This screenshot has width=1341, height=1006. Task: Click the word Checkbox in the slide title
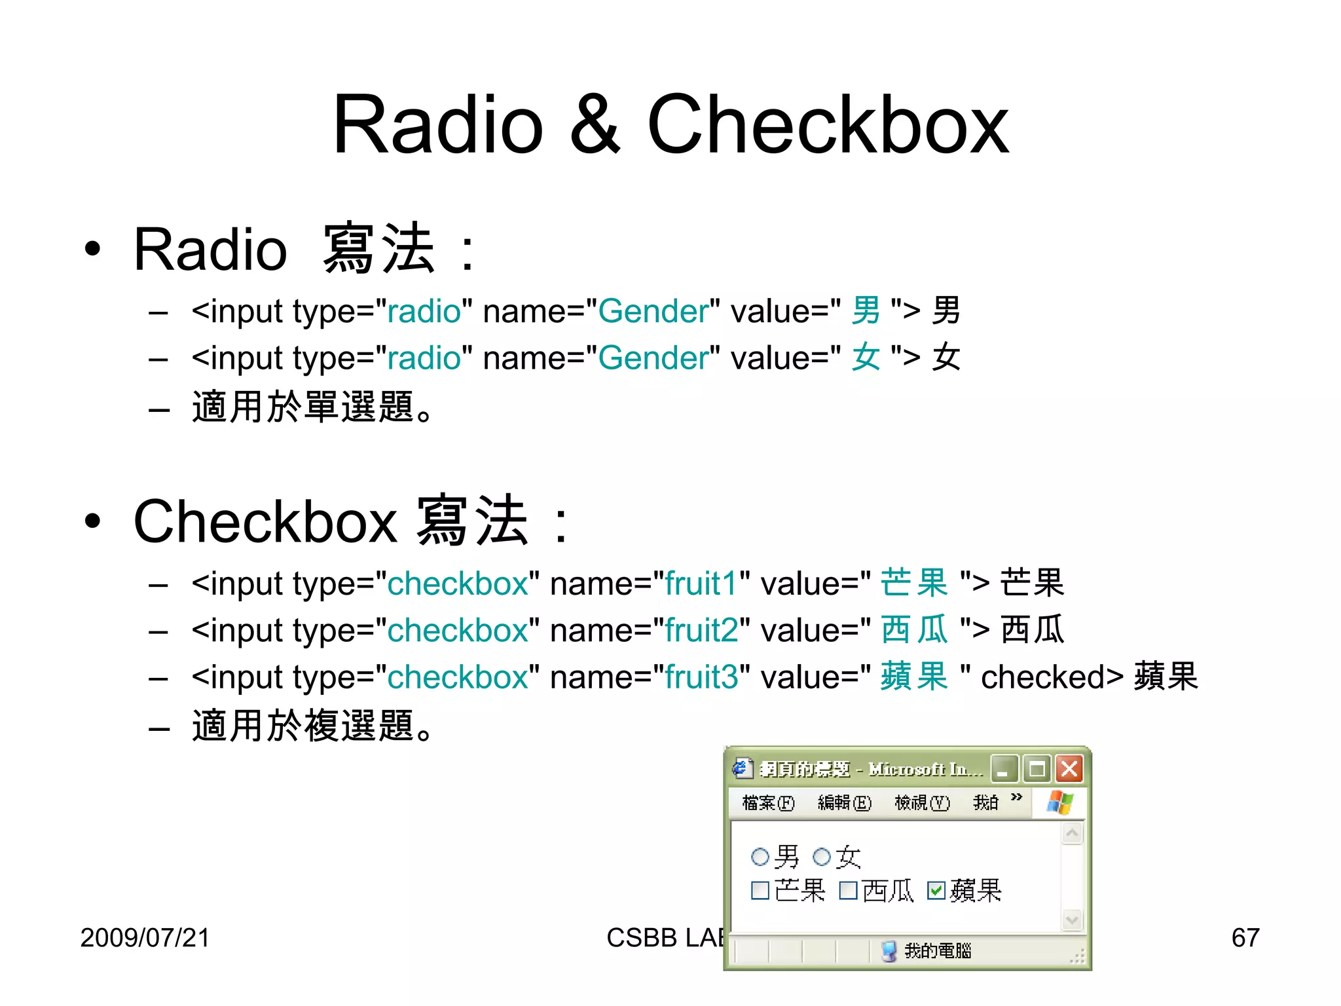(828, 124)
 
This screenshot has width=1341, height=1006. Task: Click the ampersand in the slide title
(595, 124)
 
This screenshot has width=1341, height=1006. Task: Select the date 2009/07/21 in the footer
(145, 937)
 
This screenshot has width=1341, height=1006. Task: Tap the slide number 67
(1245, 937)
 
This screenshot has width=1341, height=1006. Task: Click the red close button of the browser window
(1069, 768)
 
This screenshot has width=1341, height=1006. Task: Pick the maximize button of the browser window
(1037, 768)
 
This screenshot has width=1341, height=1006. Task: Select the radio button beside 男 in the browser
(760, 857)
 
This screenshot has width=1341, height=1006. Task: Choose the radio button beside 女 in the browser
(821, 857)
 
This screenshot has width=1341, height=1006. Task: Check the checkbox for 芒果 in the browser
(760, 891)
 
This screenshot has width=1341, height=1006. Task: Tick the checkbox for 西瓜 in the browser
(848, 891)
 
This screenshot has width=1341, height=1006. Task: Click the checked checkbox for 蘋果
(936, 891)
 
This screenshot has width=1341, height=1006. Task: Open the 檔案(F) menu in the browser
(768, 802)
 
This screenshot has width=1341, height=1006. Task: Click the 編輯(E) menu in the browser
(845, 802)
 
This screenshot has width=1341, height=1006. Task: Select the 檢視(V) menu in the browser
(922, 802)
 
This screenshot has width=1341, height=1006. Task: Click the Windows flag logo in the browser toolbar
(1059, 802)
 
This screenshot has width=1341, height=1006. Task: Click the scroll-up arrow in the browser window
(1072, 833)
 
